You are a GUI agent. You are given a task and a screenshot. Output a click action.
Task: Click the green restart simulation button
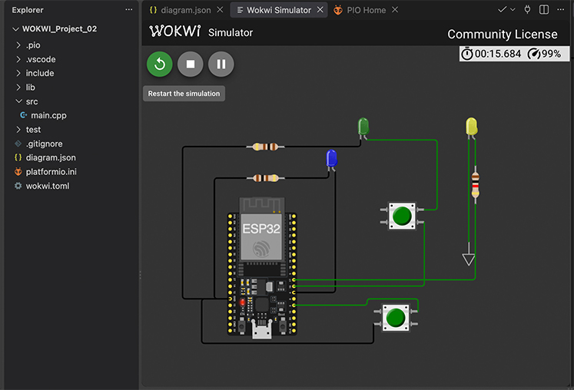[160, 64]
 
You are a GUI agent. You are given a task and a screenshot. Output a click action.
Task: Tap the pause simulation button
[221, 64]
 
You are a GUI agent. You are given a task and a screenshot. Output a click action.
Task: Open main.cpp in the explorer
[48, 115]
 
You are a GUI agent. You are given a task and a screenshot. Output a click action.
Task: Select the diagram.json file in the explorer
[51, 157]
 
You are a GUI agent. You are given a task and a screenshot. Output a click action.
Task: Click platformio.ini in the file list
[51, 172]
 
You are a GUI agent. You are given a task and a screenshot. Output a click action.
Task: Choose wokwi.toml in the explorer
[48, 186]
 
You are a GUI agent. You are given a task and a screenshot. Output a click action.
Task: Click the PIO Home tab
[366, 10]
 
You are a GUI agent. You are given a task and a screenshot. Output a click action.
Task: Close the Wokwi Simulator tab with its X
[320, 10]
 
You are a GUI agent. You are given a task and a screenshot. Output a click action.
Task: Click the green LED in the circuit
[363, 127]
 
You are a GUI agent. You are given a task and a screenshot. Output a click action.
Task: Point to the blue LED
[332, 159]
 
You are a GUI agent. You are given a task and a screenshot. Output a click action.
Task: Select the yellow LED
[472, 127]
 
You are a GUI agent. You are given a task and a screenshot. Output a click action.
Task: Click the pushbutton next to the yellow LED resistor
[402, 216]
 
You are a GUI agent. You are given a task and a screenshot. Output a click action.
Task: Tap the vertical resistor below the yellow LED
[475, 185]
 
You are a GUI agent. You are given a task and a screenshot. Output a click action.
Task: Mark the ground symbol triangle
[469, 259]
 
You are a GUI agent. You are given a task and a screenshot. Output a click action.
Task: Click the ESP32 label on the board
[261, 229]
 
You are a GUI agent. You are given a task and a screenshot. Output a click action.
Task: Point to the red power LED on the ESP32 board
[242, 302]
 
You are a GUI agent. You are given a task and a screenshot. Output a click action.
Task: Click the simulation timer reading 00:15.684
[497, 54]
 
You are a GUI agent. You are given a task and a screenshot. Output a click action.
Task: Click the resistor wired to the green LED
[265, 147]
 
